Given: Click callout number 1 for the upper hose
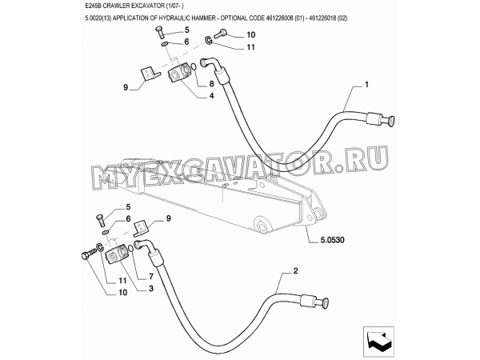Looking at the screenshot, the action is click(x=366, y=85).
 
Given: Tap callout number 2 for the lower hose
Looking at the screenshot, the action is click(x=295, y=271).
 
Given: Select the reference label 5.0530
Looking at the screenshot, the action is click(x=332, y=240).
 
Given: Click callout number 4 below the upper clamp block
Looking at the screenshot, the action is click(x=211, y=96).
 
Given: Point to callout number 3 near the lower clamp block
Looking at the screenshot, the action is click(x=151, y=288).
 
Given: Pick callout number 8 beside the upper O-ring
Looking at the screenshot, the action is click(x=211, y=83).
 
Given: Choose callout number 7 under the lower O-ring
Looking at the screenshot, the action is click(x=151, y=277).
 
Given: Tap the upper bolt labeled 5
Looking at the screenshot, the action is click(x=160, y=32).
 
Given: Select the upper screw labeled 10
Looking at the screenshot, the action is click(x=220, y=34).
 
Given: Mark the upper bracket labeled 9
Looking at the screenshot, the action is click(x=150, y=75).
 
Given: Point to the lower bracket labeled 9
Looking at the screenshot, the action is click(x=141, y=228).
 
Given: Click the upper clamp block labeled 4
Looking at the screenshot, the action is click(x=179, y=73).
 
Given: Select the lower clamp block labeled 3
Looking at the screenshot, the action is click(x=115, y=253).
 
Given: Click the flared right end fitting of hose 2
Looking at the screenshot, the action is click(x=316, y=301).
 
